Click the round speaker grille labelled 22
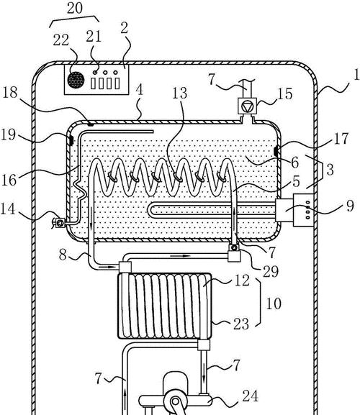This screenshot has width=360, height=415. pyautogui.click(x=76, y=80)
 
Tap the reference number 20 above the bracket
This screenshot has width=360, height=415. pyautogui.click(x=75, y=8)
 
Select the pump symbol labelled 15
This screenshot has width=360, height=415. pyautogui.click(x=248, y=106)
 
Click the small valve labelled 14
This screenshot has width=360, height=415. pyautogui.click(x=59, y=222)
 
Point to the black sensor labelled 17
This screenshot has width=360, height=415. pyautogui.click(x=276, y=151)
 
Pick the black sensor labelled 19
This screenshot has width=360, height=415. pyautogui.click(x=71, y=140)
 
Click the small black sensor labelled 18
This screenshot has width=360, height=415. pyautogui.click(x=91, y=124)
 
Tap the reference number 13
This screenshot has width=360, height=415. pyautogui.click(x=179, y=94)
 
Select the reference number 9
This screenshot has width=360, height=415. pyautogui.click(x=350, y=206)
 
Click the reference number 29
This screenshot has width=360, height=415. pyautogui.click(x=271, y=271)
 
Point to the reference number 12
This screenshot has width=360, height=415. pyautogui.click(x=242, y=281)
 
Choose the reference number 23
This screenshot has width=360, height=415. pyautogui.click(x=241, y=324)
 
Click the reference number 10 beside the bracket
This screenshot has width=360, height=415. pyautogui.click(x=274, y=304)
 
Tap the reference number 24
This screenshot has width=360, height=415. pyautogui.click(x=251, y=396)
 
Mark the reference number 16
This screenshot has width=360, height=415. pyautogui.click(x=9, y=180)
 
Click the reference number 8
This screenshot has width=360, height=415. pyautogui.click(x=63, y=255)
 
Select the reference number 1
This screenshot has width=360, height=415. pyautogui.click(x=356, y=74)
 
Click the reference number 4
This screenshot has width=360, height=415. pyautogui.click(x=140, y=90)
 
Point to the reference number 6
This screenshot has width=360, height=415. pyautogui.click(x=294, y=163)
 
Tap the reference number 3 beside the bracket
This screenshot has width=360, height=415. pyautogui.click(x=330, y=170)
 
